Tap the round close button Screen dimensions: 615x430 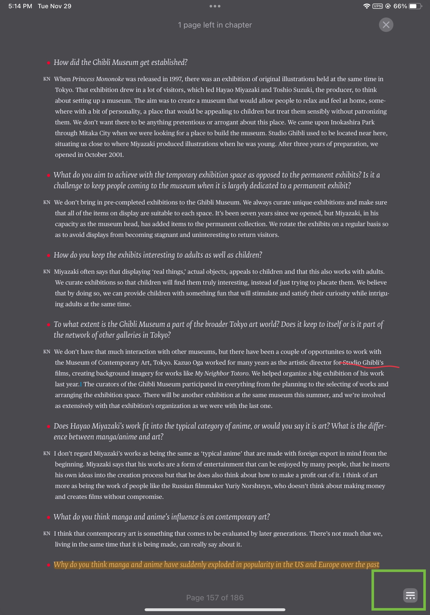(x=386, y=25)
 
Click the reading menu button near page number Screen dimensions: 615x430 (x=410, y=595)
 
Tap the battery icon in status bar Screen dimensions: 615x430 (x=415, y=6)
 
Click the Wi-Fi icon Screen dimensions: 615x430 (x=366, y=6)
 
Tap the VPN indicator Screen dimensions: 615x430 (x=377, y=6)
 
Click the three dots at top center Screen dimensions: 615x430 (x=215, y=6)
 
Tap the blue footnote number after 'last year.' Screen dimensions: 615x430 (x=81, y=384)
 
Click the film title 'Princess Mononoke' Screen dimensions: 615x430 (x=98, y=79)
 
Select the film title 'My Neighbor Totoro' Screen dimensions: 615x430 (x=221, y=373)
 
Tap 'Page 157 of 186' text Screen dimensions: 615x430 (x=215, y=597)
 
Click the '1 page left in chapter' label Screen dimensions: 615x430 (x=215, y=25)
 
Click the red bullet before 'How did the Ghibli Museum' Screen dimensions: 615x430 (x=48, y=63)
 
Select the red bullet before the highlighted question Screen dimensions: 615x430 (x=48, y=565)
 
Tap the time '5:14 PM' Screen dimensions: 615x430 (x=20, y=6)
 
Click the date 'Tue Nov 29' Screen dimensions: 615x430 (x=54, y=6)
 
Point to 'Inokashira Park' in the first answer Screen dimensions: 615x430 (x=352, y=122)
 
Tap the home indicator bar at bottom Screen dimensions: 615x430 (x=215, y=610)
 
